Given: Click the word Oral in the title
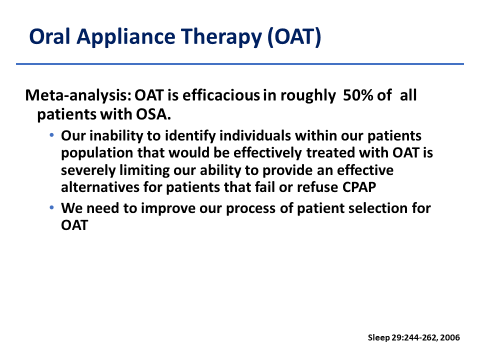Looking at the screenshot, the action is coord(49,36).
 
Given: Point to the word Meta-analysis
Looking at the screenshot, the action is coord(78,95).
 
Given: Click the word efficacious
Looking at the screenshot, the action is coord(221,95).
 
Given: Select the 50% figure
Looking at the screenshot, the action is coord(358,95).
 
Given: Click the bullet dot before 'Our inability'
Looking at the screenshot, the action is coord(51,134).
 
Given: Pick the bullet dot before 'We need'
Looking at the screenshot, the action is coord(51,207).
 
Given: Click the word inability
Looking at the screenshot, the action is coord(116,136).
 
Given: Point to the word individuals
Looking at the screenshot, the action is coord(255,135).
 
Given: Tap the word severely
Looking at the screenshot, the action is coord(88,170).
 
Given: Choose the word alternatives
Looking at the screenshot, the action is coord(100,187).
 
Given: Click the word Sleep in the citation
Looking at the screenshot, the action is coord(379,338).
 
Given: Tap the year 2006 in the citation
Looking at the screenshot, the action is coord(450,337).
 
